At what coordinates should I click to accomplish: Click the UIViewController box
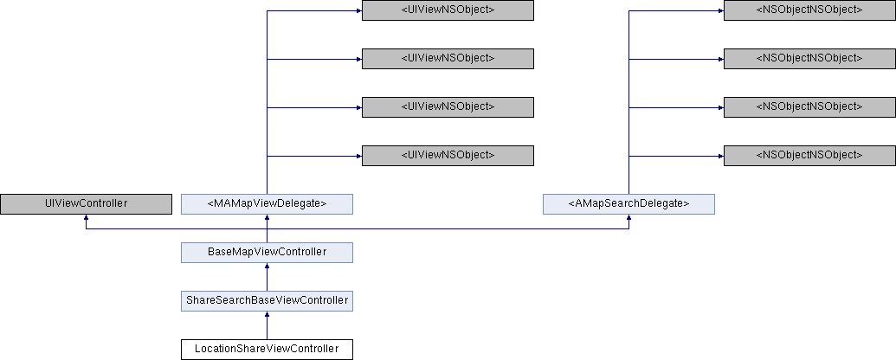[86, 203]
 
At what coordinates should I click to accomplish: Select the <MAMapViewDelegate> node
[267, 203]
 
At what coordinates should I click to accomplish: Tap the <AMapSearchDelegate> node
[628, 203]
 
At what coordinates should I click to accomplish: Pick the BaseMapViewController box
[267, 252]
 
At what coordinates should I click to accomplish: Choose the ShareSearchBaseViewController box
[267, 300]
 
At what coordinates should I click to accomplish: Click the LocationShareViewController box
[267, 349]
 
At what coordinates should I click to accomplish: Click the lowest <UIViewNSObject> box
[448, 155]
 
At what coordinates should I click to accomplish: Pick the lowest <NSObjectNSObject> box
[809, 155]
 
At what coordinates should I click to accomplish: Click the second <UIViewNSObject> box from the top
[448, 58]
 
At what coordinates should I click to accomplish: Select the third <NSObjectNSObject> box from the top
[809, 106]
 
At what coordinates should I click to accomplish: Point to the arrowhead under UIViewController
[86, 218]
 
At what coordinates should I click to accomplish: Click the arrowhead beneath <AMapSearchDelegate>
[628, 218]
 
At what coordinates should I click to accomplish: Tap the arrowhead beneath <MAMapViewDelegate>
[267, 218]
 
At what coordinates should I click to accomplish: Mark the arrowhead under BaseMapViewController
[267, 267]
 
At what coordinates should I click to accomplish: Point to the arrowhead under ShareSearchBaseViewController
[267, 315]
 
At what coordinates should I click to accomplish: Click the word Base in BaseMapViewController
[220, 252]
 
